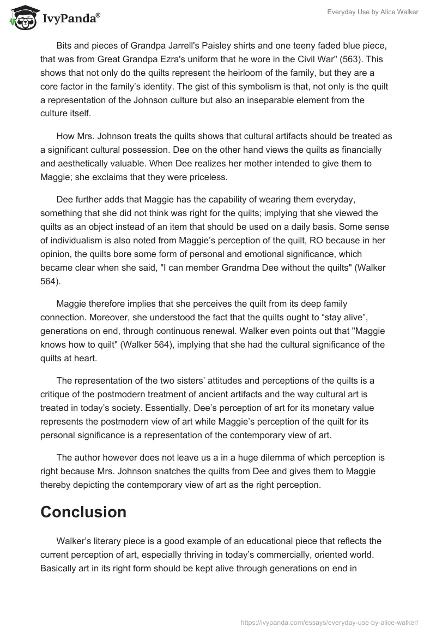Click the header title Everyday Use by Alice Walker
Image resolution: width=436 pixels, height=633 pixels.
tap(374, 11)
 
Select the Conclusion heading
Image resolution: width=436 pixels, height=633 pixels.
tap(83, 511)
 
